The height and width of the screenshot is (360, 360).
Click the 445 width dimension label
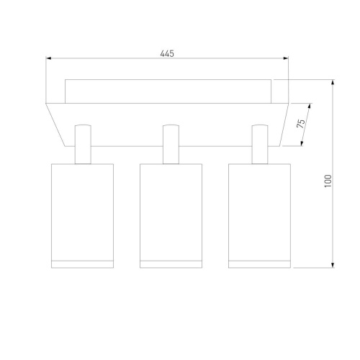(167, 53)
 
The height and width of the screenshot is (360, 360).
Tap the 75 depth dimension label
(301, 123)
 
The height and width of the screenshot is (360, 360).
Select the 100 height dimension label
(328, 181)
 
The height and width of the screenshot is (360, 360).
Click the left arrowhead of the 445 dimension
(49, 58)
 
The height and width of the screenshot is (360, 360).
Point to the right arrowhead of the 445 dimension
(286, 58)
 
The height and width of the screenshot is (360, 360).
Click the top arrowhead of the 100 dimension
(333, 82)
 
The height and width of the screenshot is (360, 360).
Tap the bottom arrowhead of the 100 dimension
(333, 265)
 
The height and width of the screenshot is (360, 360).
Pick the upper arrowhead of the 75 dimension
(310, 106)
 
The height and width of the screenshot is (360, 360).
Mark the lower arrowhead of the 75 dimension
(302, 143)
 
